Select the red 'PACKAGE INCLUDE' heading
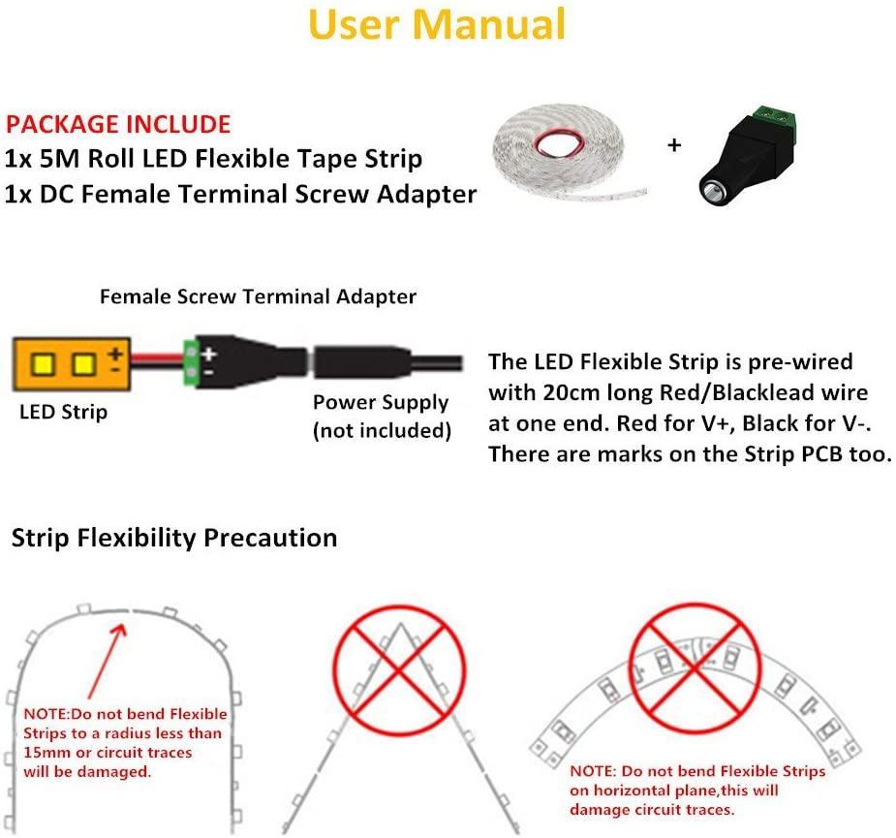tap(118, 125)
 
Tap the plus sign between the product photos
tap(674, 146)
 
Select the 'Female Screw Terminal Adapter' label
tap(258, 296)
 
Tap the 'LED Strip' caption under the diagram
tap(63, 412)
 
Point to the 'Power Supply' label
tap(381, 402)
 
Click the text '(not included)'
tap(382, 430)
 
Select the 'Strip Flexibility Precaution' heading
tap(174, 538)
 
